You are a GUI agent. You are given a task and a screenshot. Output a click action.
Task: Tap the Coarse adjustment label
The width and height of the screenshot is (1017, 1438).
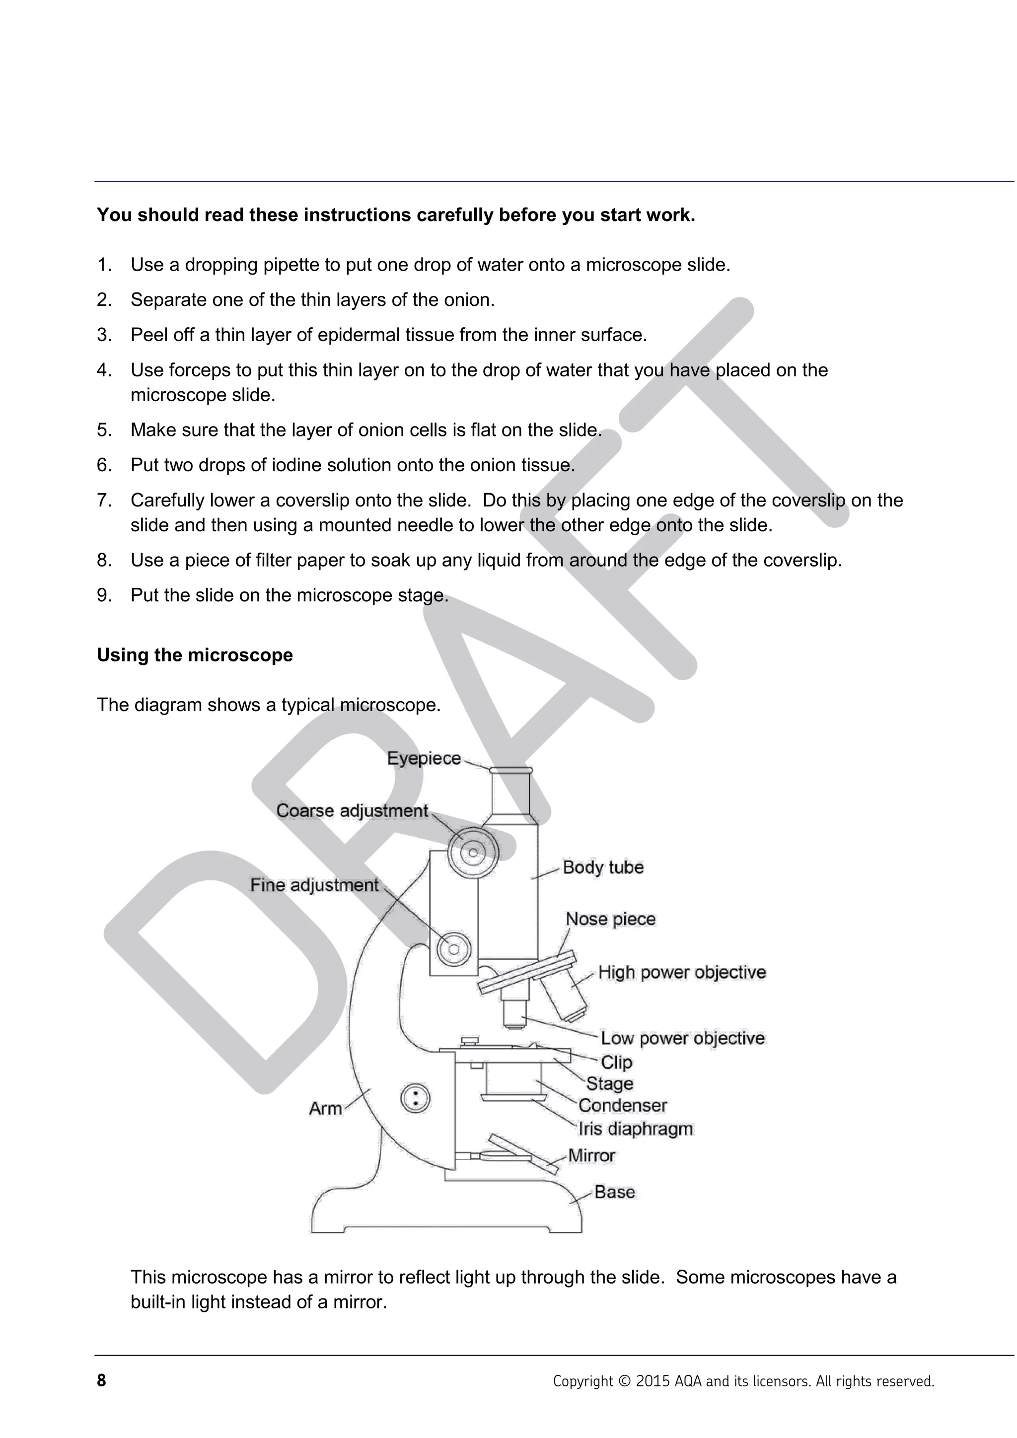tap(352, 810)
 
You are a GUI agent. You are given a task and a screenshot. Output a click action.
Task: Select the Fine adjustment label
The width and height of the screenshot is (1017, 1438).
tap(314, 885)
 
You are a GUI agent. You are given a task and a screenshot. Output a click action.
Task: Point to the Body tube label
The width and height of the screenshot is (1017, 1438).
tap(603, 867)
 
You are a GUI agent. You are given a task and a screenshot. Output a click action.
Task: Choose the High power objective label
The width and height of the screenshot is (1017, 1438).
tap(682, 972)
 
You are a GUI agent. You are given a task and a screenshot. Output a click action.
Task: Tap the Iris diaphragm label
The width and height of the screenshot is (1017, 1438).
tap(636, 1129)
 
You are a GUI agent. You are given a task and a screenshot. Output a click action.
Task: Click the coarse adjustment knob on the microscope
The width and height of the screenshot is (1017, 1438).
tap(473, 853)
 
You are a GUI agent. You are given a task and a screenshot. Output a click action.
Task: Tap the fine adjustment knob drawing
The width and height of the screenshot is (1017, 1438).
tap(453, 949)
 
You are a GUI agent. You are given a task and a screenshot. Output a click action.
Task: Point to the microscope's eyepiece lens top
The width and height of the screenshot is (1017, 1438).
tap(511, 770)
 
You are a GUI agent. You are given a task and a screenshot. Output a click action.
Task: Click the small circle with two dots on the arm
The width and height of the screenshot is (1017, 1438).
tap(415, 1098)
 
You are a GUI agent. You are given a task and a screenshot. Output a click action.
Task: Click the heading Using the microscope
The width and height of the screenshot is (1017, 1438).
tap(195, 655)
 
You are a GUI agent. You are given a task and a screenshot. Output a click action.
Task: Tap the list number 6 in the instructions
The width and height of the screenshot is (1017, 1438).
tap(103, 465)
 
